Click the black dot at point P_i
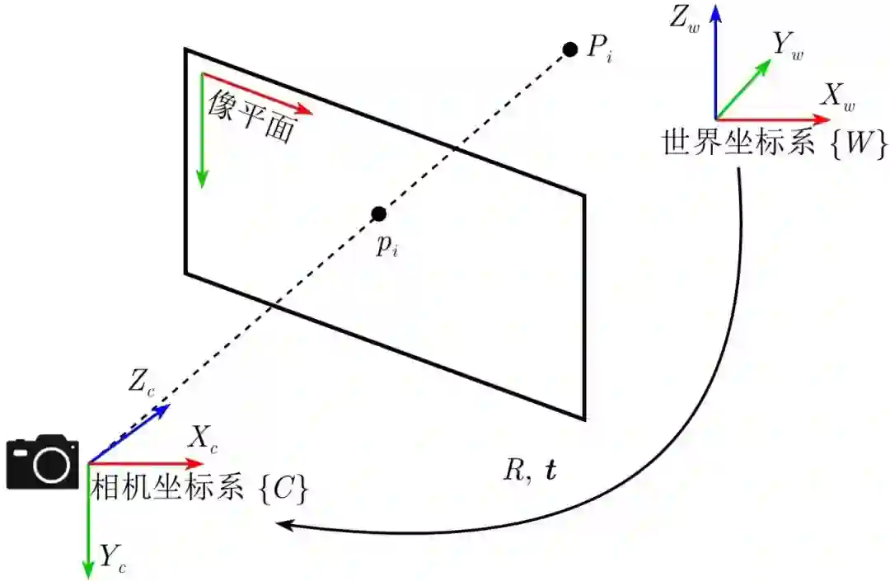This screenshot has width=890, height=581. (x=569, y=49)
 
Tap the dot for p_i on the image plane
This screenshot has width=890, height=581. (x=379, y=214)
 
